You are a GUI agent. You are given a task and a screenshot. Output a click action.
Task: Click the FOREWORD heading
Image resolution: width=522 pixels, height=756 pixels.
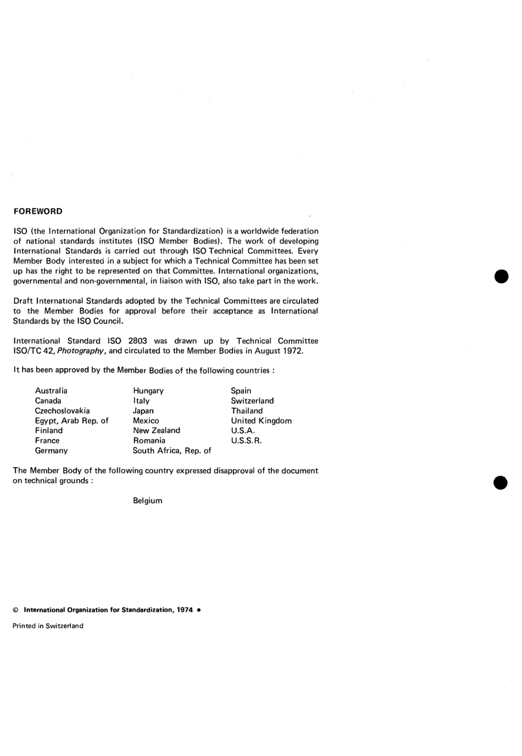tap(38, 211)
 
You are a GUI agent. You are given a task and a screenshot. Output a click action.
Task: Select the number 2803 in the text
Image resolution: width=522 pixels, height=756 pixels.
tap(137, 341)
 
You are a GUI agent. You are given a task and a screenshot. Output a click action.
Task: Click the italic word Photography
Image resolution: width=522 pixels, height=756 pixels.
tap(82, 351)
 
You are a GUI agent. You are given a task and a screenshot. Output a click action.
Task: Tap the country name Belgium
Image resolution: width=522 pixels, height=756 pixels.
tap(147, 501)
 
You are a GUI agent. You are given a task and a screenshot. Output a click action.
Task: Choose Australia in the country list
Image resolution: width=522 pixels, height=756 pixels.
tap(51, 391)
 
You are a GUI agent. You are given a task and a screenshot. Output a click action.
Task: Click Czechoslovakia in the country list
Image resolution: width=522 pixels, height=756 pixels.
tap(62, 410)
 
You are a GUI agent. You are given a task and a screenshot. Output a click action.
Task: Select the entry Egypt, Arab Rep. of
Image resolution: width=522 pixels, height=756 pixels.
tap(71, 420)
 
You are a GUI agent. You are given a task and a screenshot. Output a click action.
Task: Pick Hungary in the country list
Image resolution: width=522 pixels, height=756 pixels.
tap(148, 391)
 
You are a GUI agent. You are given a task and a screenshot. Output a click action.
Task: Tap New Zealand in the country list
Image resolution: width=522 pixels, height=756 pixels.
tap(157, 430)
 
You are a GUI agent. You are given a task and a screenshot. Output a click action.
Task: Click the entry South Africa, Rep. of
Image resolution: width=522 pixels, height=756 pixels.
tap(172, 451)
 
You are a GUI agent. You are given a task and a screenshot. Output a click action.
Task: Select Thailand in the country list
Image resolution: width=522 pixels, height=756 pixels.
tap(247, 410)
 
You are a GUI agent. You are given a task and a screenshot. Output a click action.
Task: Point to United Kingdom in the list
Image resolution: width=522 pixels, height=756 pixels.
tap(261, 420)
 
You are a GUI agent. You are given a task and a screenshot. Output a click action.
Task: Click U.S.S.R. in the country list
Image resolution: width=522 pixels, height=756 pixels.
tap(246, 440)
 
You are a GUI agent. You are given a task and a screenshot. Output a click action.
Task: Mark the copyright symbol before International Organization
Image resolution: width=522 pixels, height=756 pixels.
tap(15, 610)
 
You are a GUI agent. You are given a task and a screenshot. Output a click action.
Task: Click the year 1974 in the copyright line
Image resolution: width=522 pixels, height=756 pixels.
tap(185, 610)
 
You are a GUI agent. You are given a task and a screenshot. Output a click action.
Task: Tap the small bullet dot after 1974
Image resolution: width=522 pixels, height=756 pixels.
tap(198, 610)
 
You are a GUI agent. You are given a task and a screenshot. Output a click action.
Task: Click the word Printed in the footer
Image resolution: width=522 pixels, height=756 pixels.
tap(24, 626)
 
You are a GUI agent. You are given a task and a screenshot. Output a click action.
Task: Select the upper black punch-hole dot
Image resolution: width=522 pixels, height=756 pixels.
tap(501, 276)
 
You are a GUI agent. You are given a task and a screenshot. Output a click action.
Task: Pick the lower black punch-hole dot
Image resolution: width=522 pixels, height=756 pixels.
tap(501, 482)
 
